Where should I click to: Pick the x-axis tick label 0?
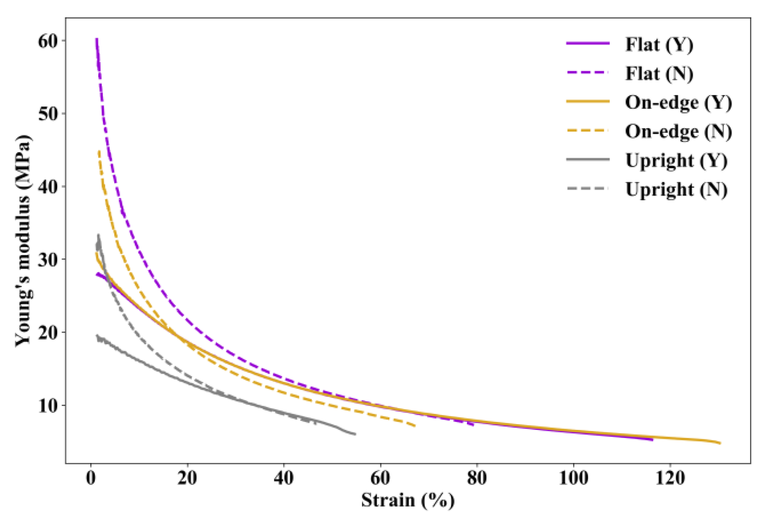coord(91,478)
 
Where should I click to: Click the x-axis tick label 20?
coord(187,478)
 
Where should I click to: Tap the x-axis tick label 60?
coord(380,478)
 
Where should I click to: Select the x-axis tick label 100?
coord(574,478)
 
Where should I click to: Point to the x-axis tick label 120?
coord(670,478)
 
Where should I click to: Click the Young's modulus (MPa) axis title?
coord(23,241)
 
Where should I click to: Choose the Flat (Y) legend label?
coord(659,45)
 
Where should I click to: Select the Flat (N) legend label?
coord(659,74)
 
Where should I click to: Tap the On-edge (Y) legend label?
coord(678,103)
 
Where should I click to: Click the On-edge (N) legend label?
coord(678,132)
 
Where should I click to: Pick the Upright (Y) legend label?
coord(676,161)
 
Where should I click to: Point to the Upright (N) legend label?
coord(676,190)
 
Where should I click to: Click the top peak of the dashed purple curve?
coord(97,39)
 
